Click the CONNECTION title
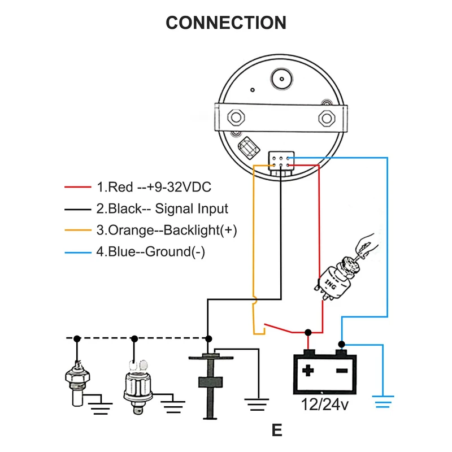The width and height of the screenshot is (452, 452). click(226, 23)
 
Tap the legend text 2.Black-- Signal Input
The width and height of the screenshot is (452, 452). click(162, 209)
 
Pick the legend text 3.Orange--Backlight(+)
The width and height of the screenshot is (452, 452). click(167, 230)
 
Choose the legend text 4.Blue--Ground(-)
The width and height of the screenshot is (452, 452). click(150, 251)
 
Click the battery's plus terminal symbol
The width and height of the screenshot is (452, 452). click(308, 371)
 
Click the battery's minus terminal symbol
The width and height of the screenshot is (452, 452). click(341, 371)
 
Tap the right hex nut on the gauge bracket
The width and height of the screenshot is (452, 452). click(326, 117)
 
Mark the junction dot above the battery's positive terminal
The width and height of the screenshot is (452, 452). click(308, 332)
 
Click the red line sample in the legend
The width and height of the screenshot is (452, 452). click(78, 188)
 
